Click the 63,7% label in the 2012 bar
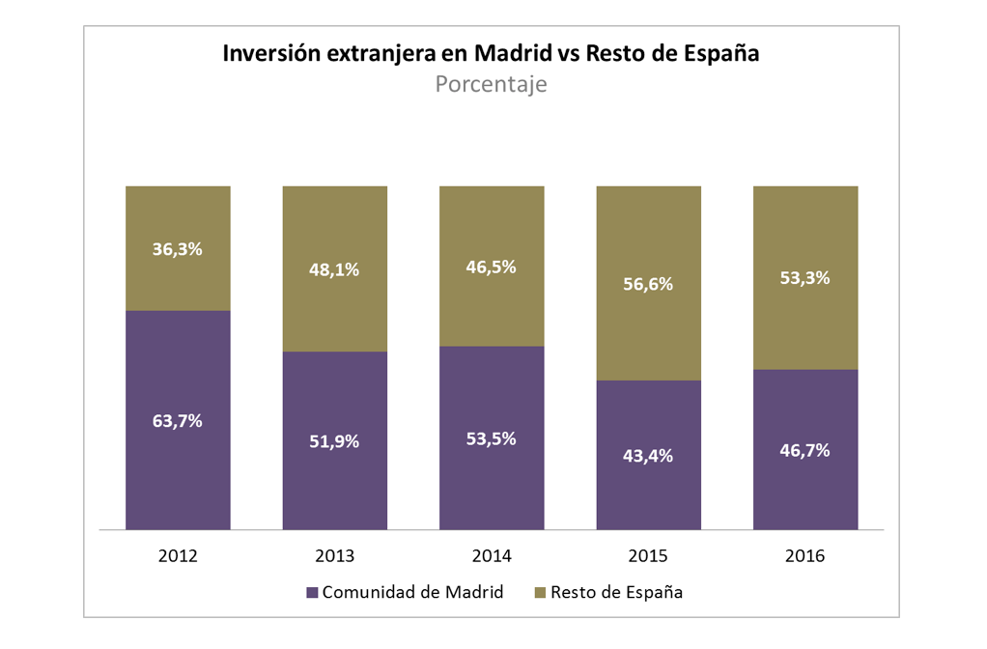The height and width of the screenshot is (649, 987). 178,421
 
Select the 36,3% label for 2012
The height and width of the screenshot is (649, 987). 178,248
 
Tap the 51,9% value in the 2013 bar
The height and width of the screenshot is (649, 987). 334,441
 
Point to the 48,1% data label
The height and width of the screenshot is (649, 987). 334,269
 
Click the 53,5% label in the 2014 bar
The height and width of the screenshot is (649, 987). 491,438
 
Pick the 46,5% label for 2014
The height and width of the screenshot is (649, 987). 491,267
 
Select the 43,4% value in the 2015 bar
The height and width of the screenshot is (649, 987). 648,455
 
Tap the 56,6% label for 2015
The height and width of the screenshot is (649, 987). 648,284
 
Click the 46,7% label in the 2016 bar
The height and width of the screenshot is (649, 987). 804,450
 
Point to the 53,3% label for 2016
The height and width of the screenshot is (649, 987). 804,278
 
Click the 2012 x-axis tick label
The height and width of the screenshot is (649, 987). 178,556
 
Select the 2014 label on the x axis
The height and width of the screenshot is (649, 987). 491,556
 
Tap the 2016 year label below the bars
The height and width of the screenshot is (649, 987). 804,556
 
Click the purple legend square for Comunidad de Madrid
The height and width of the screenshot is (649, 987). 312,592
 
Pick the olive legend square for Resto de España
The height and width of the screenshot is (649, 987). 540,592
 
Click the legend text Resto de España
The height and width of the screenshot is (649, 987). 616,592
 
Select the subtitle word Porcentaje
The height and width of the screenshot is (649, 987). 491,84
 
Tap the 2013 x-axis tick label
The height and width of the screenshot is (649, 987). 334,556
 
